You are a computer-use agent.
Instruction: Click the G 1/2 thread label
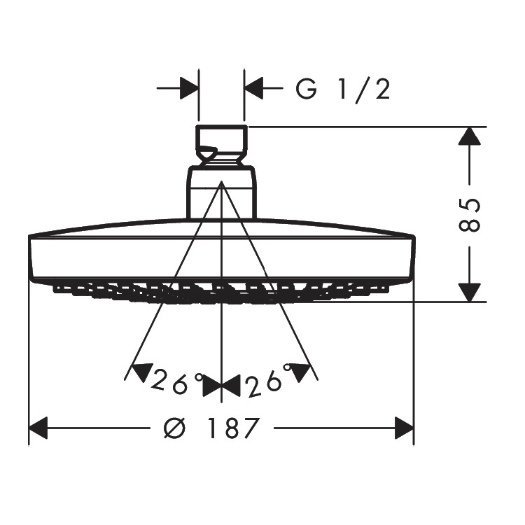(x=343, y=89)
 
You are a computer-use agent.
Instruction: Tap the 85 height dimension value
(x=469, y=215)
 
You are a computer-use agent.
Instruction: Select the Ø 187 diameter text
(x=211, y=428)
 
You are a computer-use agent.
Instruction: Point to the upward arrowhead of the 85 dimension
(x=469, y=136)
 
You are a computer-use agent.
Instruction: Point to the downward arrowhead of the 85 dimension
(x=469, y=293)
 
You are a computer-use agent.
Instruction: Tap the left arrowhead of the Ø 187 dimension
(x=38, y=428)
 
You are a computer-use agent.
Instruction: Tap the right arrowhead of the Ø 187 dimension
(x=405, y=428)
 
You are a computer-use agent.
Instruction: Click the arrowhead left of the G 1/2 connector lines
(x=189, y=88)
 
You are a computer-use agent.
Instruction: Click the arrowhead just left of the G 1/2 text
(x=254, y=88)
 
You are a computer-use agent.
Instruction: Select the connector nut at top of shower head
(x=221, y=145)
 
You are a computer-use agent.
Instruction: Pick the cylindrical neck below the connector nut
(x=221, y=192)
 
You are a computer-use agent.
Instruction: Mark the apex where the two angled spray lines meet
(x=221, y=181)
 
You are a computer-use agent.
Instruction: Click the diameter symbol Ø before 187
(x=174, y=428)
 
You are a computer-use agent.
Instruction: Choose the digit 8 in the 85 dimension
(x=469, y=223)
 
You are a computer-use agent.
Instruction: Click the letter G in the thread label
(x=306, y=90)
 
